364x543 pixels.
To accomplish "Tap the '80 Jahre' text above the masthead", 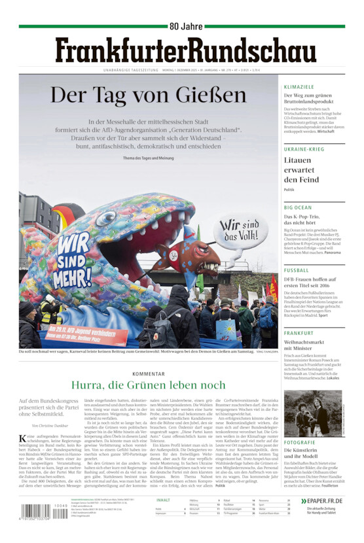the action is click(x=187, y=26).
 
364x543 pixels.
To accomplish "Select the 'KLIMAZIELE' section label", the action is click(x=299, y=87).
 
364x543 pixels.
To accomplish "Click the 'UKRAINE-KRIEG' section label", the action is click(x=304, y=149).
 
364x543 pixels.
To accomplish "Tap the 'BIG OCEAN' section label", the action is click(x=298, y=207).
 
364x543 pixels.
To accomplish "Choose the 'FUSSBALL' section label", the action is click(x=297, y=270).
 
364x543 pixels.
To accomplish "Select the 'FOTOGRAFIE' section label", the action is click(x=300, y=443).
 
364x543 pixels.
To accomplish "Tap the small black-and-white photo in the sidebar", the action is click(x=313, y=413).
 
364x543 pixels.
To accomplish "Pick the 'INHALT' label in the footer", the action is click(x=163, y=500).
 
